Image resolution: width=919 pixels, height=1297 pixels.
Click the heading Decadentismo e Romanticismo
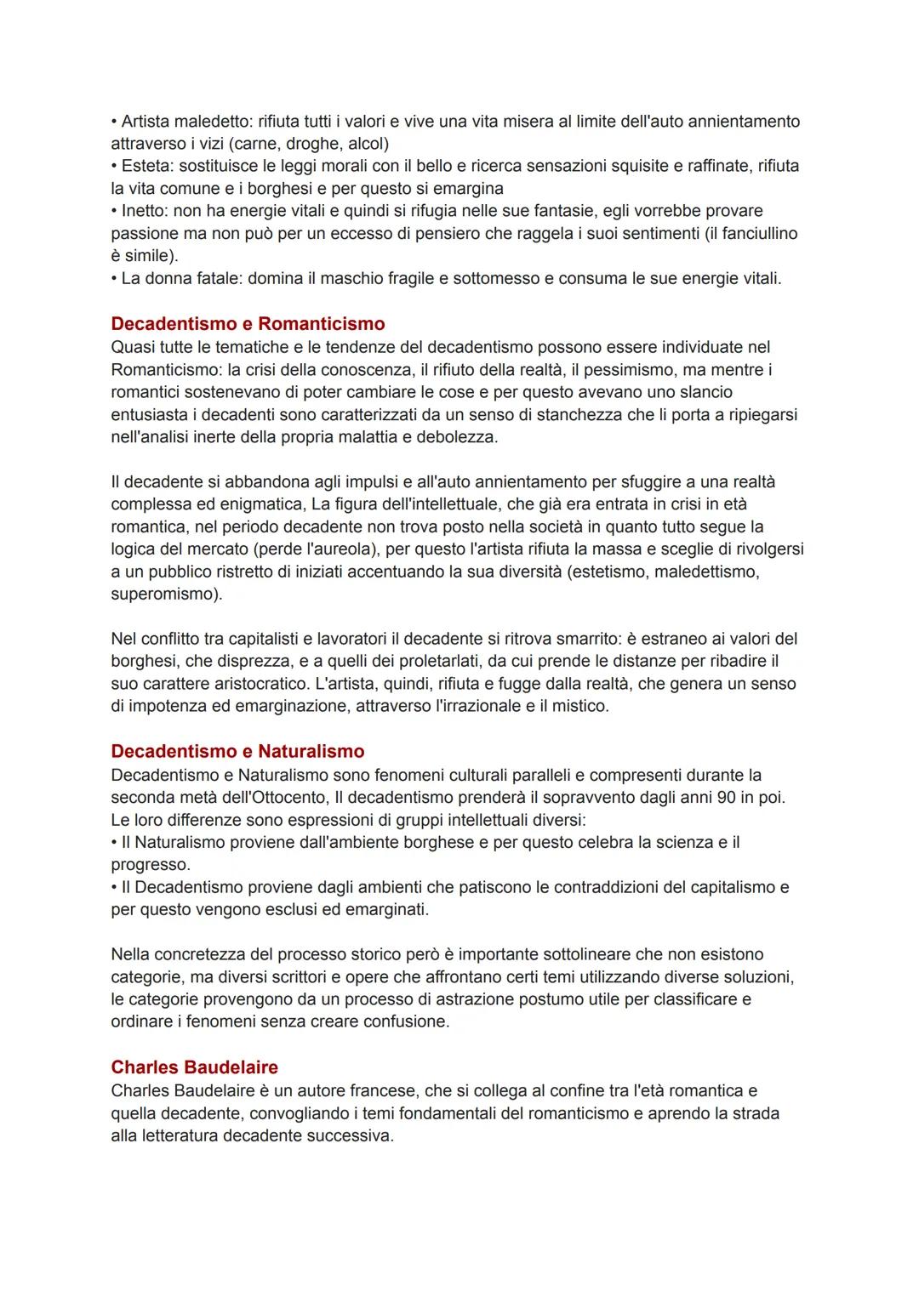(x=248, y=324)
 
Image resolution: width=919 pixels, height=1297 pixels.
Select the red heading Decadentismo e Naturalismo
(x=237, y=752)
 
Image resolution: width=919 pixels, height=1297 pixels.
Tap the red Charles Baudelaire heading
(x=194, y=1067)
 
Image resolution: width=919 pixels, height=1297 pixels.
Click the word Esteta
(x=146, y=166)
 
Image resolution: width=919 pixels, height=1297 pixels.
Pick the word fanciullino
(x=759, y=233)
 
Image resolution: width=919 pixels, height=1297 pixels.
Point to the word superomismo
(x=165, y=594)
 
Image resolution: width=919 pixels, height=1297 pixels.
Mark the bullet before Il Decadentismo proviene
(x=114, y=887)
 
